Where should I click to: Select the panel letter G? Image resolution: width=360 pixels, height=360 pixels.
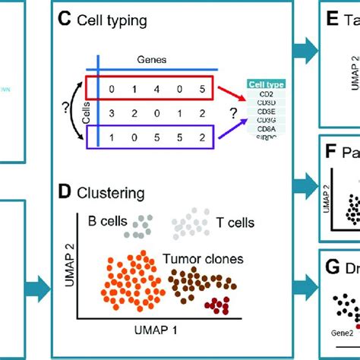coord(333,267)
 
